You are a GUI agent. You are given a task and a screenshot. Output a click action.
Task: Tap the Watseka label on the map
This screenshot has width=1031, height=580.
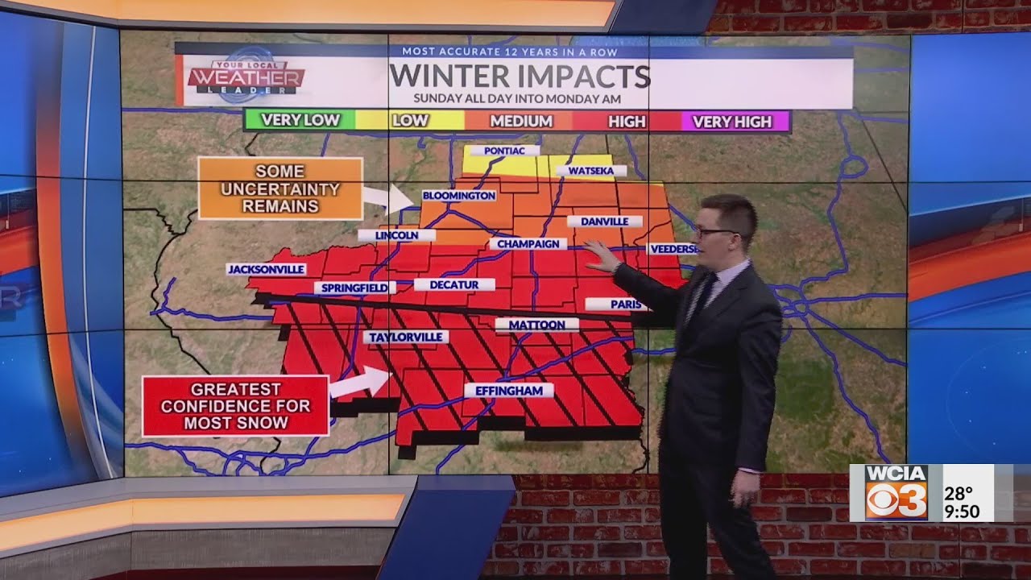point(596,171)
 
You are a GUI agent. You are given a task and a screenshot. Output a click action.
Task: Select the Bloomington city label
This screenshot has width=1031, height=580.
point(458,196)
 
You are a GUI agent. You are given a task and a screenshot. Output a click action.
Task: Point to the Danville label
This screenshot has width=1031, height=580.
point(604,222)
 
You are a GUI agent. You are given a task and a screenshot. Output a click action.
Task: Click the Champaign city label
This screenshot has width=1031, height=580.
point(528,243)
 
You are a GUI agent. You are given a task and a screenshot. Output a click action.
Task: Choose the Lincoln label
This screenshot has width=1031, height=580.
point(396,235)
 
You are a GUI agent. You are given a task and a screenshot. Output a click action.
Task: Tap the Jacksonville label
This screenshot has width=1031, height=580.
point(266,269)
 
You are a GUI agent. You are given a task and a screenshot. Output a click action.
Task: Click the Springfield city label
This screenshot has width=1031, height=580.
point(354,288)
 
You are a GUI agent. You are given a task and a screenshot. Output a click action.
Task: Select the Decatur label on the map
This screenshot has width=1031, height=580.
point(454,284)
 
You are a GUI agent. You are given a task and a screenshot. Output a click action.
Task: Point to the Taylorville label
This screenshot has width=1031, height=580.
point(405,337)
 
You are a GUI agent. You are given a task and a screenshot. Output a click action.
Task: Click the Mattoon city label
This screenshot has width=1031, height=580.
point(536,325)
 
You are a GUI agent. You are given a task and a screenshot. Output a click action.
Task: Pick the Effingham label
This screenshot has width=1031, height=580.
point(508,391)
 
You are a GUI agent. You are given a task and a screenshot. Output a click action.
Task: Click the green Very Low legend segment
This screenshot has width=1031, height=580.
point(300,121)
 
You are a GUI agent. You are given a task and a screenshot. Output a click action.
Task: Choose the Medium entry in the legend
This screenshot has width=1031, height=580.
point(521,122)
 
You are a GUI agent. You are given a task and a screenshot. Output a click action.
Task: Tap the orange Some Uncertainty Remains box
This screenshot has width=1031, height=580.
point(280,188)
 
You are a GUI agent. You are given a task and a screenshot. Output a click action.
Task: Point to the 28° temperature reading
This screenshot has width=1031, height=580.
point(958,493)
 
